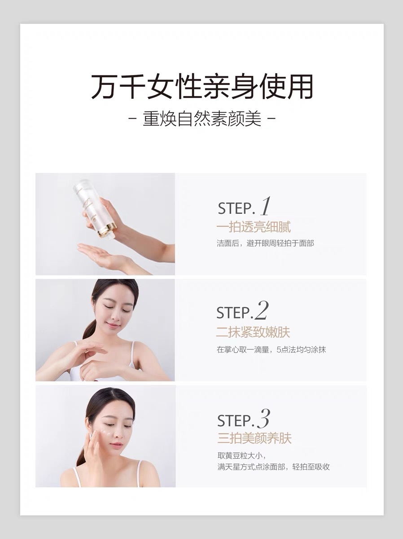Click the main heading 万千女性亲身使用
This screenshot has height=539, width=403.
(202, 86)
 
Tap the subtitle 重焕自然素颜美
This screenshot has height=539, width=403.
(201, 119)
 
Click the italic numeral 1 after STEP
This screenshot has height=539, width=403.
(265, 206)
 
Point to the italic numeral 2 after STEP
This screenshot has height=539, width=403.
(262, 310)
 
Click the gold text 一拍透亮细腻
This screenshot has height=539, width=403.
(254, 227)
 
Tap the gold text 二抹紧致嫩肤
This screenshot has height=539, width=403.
(253, 332)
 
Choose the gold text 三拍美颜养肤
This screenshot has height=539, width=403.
(254, 438)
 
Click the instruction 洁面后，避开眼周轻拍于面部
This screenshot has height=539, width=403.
(265, 243)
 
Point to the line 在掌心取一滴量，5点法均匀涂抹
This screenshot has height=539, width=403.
(271, 349)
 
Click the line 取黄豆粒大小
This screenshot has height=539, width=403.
(241, 456)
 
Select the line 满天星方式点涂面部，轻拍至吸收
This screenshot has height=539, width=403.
(273, 467)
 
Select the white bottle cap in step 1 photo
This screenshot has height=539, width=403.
(81, 186)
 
